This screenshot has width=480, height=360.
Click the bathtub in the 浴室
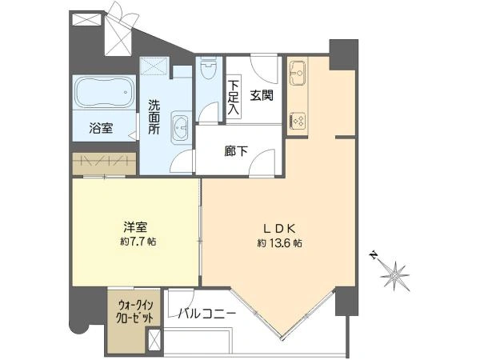coord(105,94)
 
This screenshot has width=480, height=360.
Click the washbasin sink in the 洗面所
coord(182,127)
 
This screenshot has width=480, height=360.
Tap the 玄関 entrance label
coord(261,95)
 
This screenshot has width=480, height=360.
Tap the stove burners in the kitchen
coord(298,121)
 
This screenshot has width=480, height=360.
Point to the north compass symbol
coord(394,275)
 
